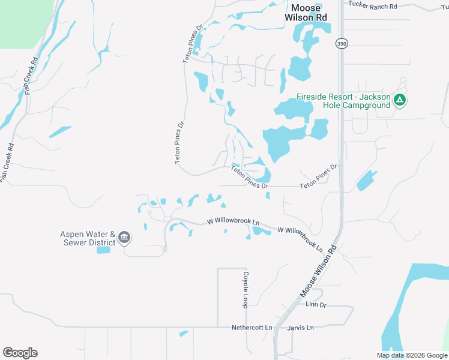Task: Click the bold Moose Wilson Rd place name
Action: click(309, 13)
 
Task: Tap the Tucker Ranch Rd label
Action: click(373, 6)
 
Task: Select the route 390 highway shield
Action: click(341, 44)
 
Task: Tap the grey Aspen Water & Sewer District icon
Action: click(124, 238)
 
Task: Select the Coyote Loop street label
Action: click(246, 289)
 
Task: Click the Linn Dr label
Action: click(315, 305)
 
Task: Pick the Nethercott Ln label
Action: click(252, 328)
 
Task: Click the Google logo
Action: click(20, 353)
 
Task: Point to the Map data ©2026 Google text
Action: click(412, 355)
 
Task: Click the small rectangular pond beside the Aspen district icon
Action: click(104, 250)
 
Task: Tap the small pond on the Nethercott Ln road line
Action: click(184, 334)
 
